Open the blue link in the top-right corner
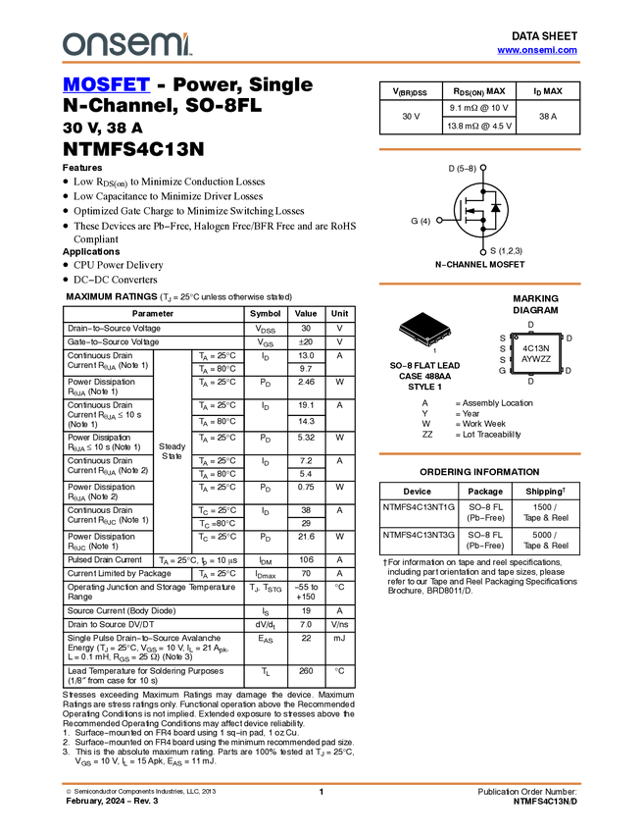click(x=537, y=50)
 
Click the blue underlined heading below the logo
click(x=106, y=84)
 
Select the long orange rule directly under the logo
click(x=321, y=63)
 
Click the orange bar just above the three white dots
click(x=479, y=149)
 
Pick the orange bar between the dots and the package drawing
click(x=479, y=284)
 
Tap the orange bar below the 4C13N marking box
click(x=479, y=453)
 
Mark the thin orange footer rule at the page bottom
click(x=321, y=783)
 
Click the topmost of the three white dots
click(x=483, y=168)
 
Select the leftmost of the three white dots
click(x=439, y=220)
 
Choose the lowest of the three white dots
click(x=483, y=252)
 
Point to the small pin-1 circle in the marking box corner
click(x=517, y=339)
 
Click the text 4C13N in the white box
click(x=536, y=348)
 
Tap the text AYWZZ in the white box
click(x=536, y=360)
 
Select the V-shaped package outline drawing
click(x=426, y=335)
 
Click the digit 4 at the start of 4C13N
click(x=525, y=348)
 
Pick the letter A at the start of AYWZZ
click(x=524, y=360)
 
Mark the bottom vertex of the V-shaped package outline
click(x=427, y=341)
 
